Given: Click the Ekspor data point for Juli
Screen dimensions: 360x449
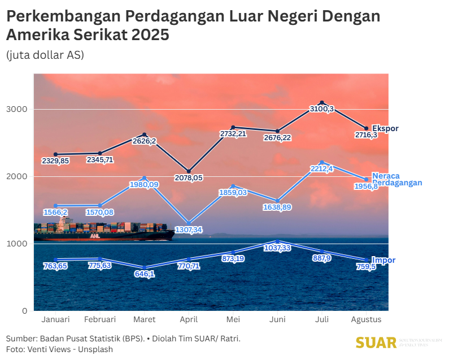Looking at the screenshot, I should point(322,102).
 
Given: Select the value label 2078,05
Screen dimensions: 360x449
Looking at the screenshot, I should point(189,178).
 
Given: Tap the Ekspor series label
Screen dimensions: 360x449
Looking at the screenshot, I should point(385,129).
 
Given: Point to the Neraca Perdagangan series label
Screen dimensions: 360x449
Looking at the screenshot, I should point(397,179).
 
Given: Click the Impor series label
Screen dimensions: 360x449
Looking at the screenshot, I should point(383,260).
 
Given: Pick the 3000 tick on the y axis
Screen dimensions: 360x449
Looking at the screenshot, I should point(19,109).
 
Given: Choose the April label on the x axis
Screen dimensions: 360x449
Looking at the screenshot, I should point(189,319).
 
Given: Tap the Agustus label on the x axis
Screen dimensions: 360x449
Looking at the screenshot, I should point(366,319).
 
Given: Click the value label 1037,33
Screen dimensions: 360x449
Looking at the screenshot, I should point(277,248).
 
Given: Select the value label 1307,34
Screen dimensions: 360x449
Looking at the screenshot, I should point(189,230).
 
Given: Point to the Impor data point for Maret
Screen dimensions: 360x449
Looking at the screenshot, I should point(145,267).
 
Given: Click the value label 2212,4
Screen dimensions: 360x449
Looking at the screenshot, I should point(322,168).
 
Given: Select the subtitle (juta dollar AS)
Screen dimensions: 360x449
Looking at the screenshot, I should point(45,55).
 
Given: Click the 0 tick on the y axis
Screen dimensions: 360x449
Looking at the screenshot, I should point(24,310).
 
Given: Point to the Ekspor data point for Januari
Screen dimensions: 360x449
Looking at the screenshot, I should point(55,154).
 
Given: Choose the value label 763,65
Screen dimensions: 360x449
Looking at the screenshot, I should point(55,266).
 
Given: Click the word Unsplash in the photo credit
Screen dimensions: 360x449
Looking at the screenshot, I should point(95,349).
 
